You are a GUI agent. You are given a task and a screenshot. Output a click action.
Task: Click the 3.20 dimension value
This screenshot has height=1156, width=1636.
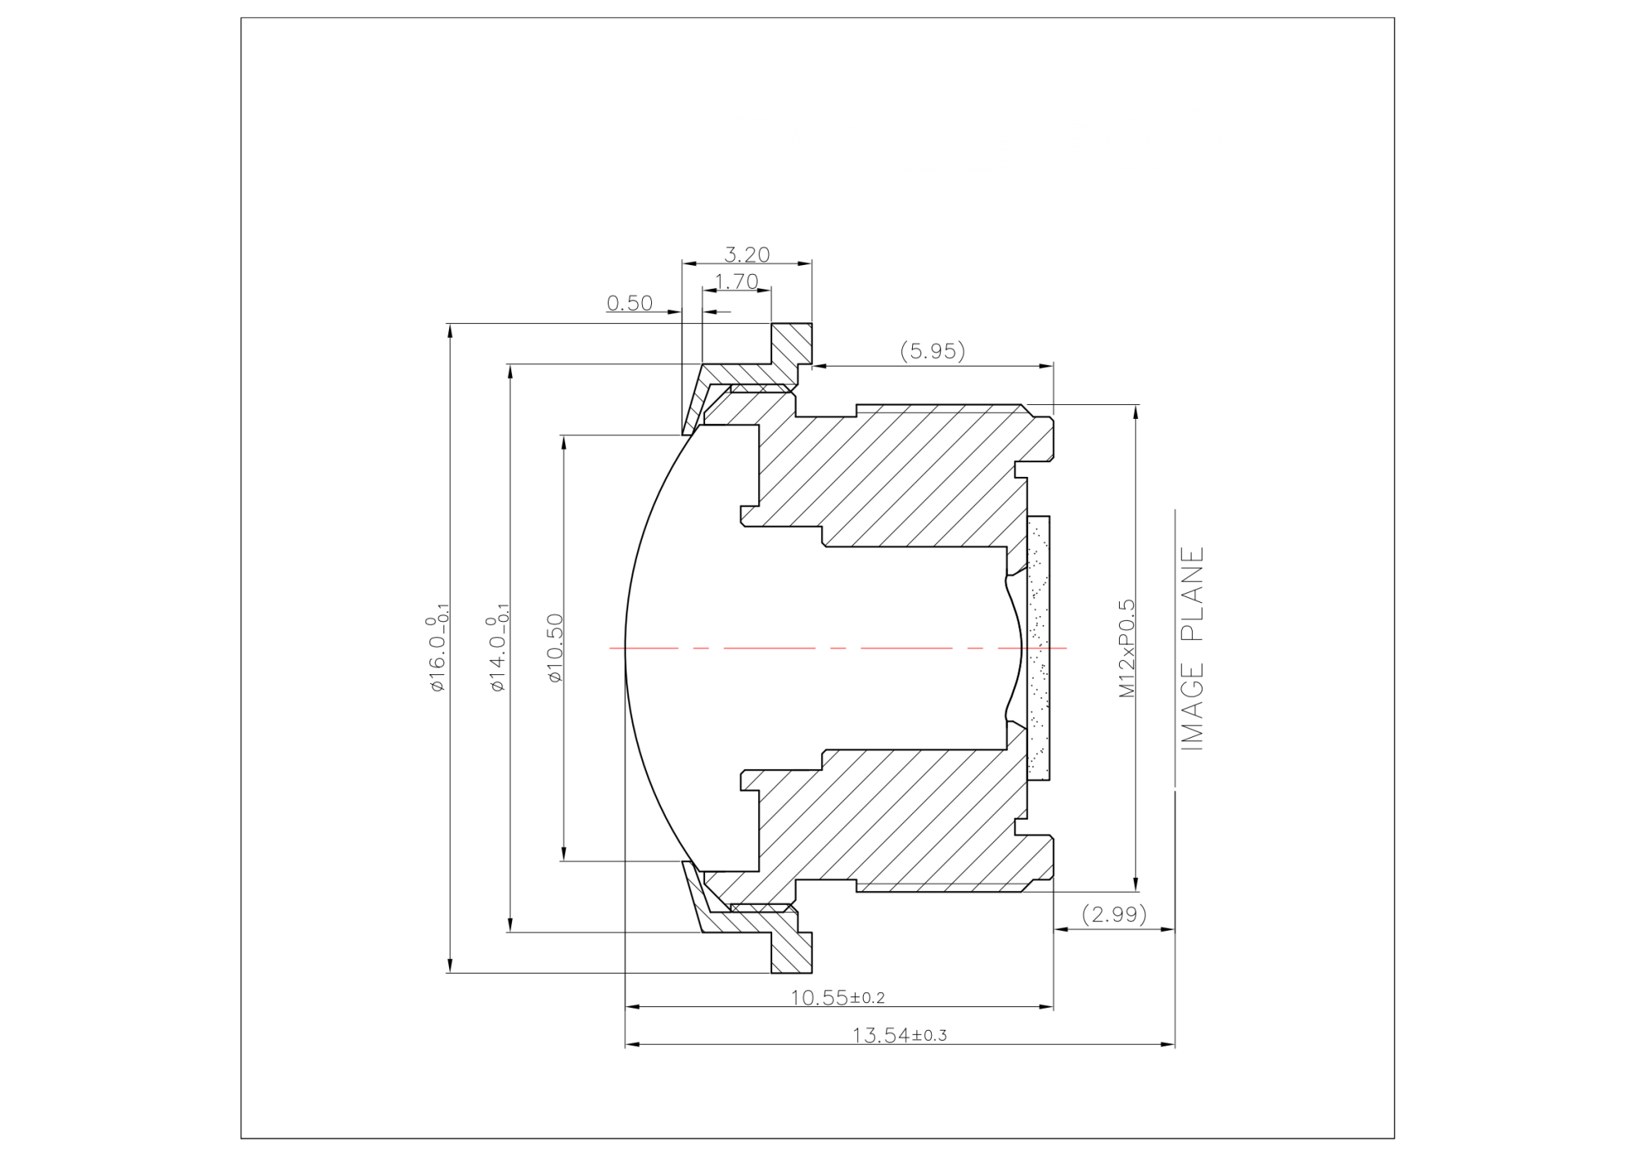(747, 254)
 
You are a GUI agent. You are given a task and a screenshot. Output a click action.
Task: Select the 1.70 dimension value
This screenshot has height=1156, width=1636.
(736, 281)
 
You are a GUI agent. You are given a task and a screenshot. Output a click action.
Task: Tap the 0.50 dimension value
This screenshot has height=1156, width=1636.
(629, 304)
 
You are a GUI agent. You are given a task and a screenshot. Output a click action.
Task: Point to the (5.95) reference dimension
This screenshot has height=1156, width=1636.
(933, 351)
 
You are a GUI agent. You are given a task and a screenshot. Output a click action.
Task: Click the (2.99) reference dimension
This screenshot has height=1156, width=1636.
(1114, 914)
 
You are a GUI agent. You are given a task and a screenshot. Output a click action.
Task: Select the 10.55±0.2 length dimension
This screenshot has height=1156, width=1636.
(837, 997)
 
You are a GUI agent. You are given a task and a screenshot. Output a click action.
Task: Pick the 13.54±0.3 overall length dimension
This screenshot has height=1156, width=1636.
(899, 1035)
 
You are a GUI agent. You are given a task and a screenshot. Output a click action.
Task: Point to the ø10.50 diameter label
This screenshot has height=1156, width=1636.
(555, 648)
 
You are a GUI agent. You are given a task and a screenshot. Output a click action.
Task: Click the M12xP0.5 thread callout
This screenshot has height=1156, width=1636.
(1127, 648)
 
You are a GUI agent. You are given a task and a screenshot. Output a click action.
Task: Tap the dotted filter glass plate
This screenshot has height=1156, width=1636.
(1038, 648)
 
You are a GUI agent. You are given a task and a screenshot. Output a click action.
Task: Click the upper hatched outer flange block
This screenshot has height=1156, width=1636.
(792, 344)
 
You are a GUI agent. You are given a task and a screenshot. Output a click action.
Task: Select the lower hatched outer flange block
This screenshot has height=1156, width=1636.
(792, 952)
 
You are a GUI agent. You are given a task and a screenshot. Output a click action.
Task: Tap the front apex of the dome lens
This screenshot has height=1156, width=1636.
(626, 648)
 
